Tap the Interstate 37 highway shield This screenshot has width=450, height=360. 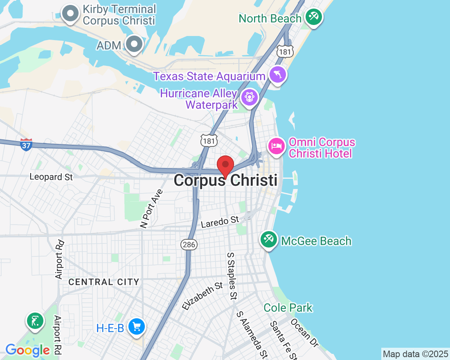26,144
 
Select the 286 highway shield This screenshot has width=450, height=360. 189,245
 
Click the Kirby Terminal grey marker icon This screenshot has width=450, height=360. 71,13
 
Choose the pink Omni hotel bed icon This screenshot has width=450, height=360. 277,146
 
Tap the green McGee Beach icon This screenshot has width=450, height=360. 269,240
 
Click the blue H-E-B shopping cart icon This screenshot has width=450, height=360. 137,327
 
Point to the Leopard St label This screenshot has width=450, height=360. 51,177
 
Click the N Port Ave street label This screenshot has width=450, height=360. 151,208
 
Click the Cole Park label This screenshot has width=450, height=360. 288,308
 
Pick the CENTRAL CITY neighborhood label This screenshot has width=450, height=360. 104,282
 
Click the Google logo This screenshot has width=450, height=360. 27,350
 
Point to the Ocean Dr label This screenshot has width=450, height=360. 304,333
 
